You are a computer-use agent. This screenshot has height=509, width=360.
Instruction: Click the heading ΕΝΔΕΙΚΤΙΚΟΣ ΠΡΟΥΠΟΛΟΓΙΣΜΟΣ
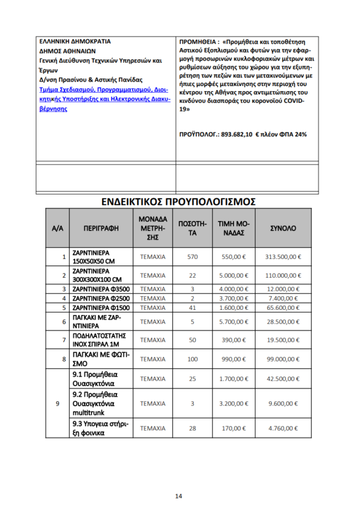point(179,201)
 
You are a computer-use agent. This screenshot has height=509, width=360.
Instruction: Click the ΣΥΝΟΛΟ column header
point(283,228)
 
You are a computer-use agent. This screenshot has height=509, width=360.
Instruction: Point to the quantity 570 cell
point(192,257)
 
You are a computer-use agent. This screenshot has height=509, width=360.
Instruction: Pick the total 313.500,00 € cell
point(283,257)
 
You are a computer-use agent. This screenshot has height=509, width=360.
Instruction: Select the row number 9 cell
point(58,404)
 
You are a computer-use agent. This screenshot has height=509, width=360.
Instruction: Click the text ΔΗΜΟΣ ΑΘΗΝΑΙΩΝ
point(67,50)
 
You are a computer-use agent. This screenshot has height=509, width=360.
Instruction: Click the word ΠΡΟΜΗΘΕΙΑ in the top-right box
point(198,42)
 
